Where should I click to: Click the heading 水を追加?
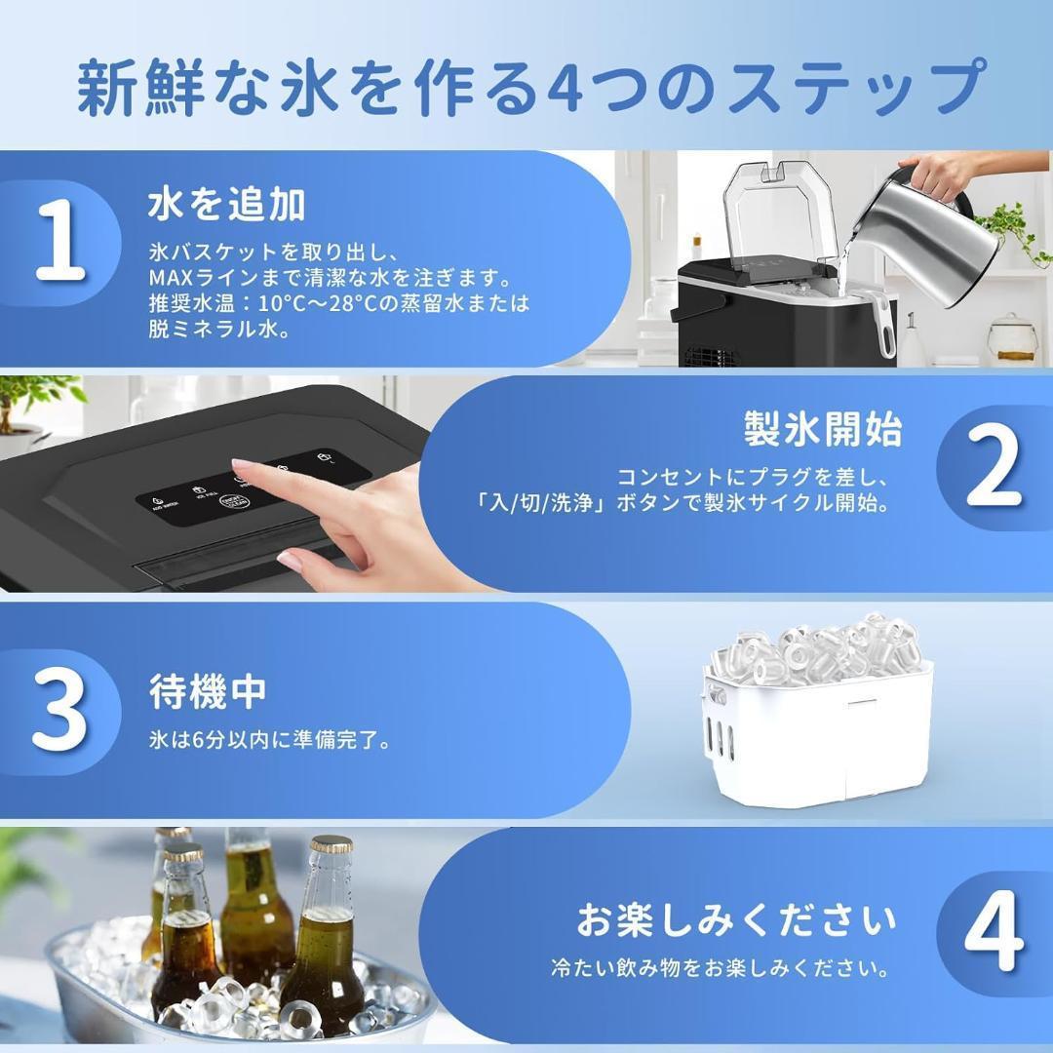(227, 206)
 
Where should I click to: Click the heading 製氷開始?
(823, 429)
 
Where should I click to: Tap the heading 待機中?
(208, 692)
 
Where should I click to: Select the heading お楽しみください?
(735, 918)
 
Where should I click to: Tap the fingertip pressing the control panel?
(240, 471)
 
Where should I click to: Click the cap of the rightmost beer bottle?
(331, 844)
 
